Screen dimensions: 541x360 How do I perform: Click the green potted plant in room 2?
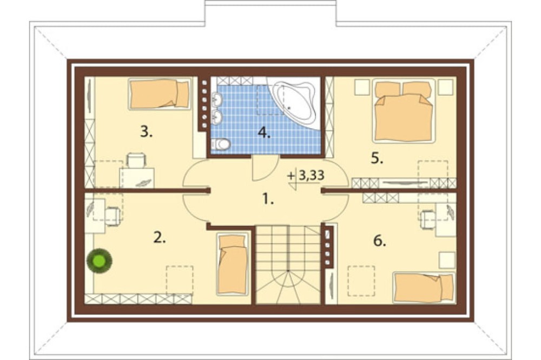pos(100,261)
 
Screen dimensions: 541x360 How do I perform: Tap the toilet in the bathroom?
pos(221,144)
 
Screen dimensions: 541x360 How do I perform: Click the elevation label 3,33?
pos(311,176)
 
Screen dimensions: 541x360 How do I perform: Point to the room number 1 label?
pos(268,199)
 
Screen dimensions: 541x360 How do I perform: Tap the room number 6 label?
pos(380,241)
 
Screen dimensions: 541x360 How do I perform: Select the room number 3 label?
pos(146,132)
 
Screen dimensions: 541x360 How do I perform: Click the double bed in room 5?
pos(404,111)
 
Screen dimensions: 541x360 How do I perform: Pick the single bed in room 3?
pos(160,94)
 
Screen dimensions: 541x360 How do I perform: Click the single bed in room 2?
pos(233,264)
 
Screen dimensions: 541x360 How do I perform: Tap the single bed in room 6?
pos(424,288)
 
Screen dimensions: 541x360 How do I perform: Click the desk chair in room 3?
pos(137,160)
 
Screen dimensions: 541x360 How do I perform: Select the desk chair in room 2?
pos(113,216)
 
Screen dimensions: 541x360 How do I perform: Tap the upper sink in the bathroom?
pos(217,99)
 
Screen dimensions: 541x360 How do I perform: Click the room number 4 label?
pos(264,133)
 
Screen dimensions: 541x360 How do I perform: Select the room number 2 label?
pos(160,238)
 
